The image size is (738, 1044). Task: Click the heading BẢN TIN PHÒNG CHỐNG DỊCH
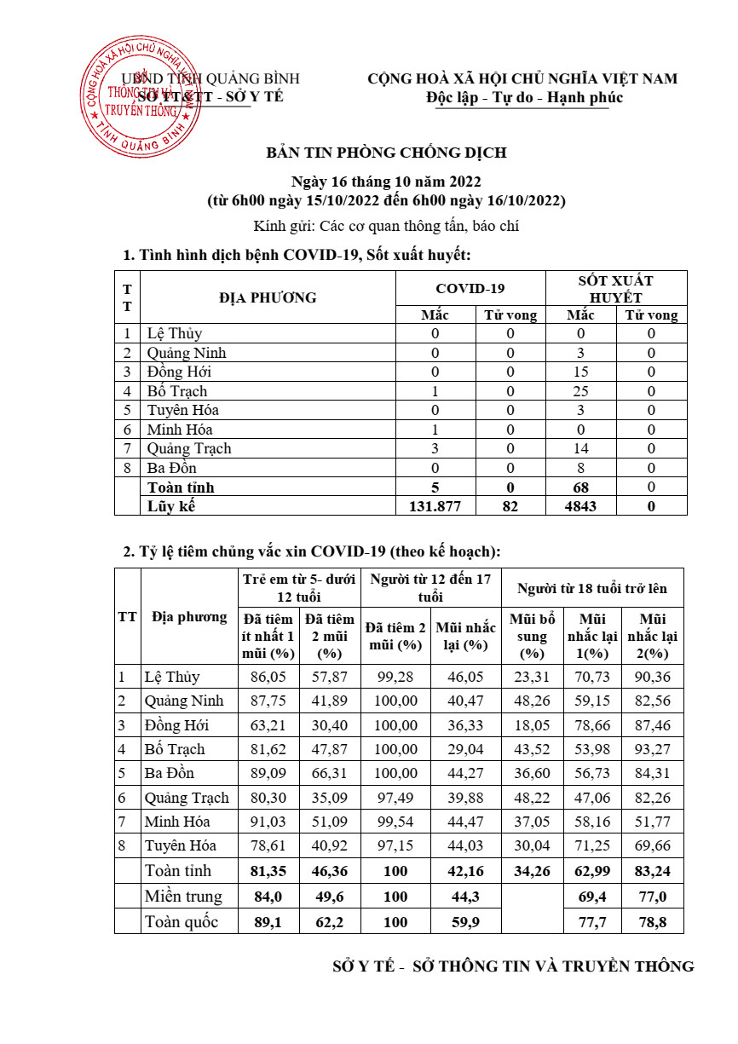386,153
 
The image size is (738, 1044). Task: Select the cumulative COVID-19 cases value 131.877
435,506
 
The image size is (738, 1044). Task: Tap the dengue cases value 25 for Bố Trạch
581,392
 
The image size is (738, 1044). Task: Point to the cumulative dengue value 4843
581,506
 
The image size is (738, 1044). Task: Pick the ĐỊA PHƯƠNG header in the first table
268,298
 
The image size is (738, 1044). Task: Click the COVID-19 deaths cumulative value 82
510,506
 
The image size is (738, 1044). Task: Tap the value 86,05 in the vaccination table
269,678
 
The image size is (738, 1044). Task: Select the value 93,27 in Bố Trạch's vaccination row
654,750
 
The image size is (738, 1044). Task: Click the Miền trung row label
183,897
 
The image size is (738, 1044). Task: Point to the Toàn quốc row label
182,922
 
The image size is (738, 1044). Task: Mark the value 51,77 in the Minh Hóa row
654,822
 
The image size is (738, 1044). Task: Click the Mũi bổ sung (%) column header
531,636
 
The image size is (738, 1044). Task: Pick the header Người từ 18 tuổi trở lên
591,589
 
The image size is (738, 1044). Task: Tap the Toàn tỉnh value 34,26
531,872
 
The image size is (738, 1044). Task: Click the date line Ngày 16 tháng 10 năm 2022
386,182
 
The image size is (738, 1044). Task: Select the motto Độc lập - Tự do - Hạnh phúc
525,97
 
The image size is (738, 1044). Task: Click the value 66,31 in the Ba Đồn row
330,774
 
